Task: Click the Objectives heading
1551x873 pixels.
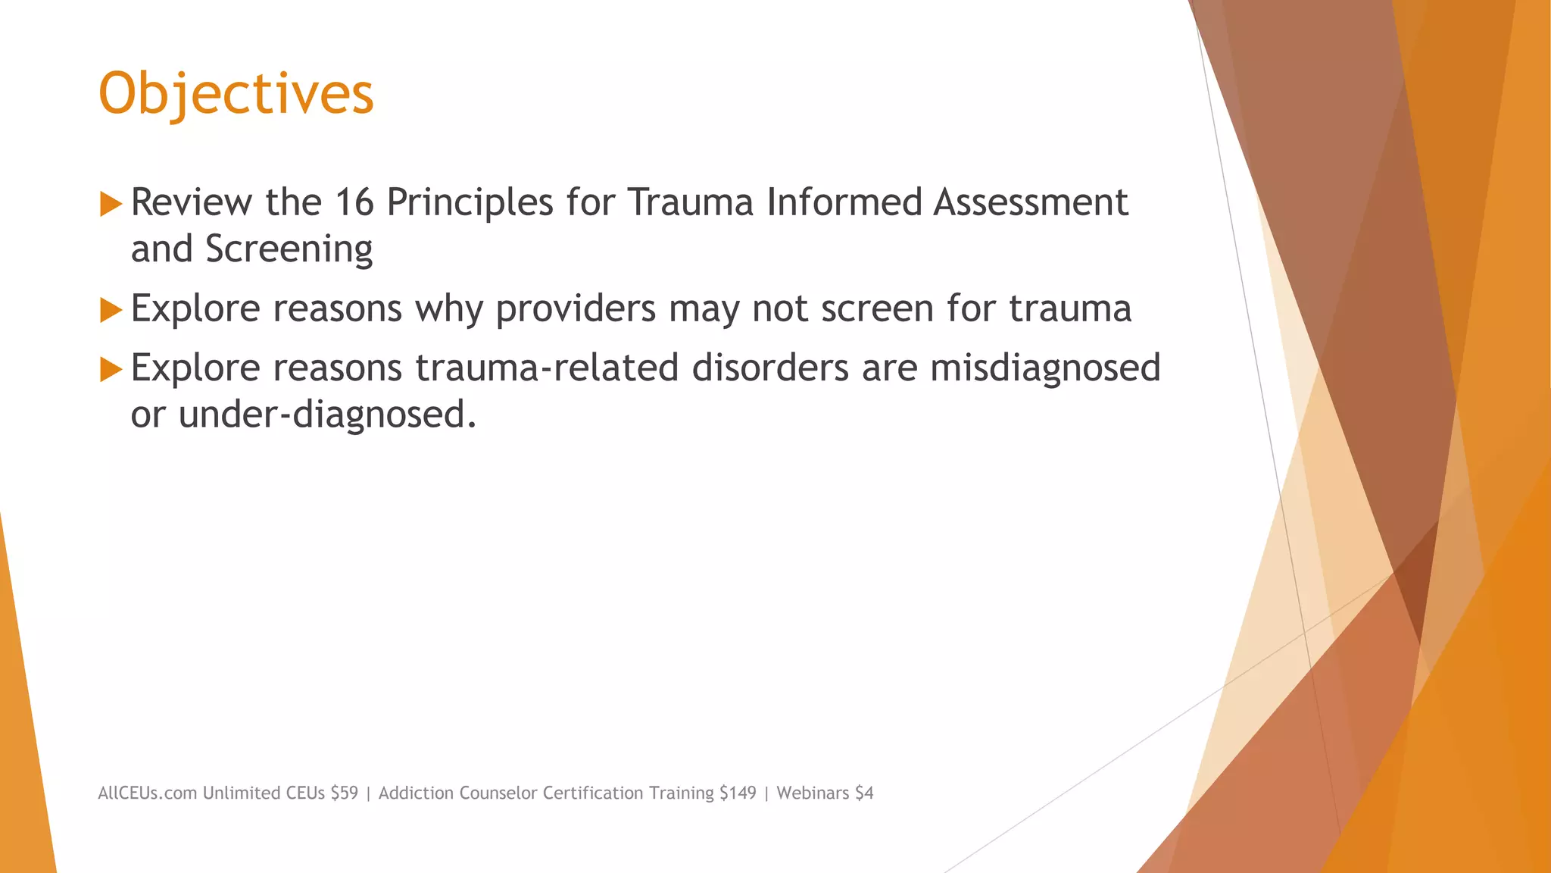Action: click(x=236, y=94)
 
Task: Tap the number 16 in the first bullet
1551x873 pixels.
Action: click(x=354, y=203)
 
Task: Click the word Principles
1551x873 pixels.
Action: click(x=470, y=203)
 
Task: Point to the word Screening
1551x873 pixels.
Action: click(x=289, y=250)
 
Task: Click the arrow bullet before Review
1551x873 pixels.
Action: click(x=111, y=204)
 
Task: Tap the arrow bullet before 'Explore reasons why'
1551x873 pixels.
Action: click(x=111, y=310)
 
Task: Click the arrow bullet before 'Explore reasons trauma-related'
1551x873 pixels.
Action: click(x=111, y=369)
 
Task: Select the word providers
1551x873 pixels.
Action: click(x=576, y=309)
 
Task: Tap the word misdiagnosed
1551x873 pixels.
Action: click(x=1045, y=368)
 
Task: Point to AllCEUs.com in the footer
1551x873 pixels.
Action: click(x=148, y=793)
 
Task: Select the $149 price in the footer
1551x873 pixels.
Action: click(x=738, y=793)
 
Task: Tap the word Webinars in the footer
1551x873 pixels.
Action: click(x=813, y=793)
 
